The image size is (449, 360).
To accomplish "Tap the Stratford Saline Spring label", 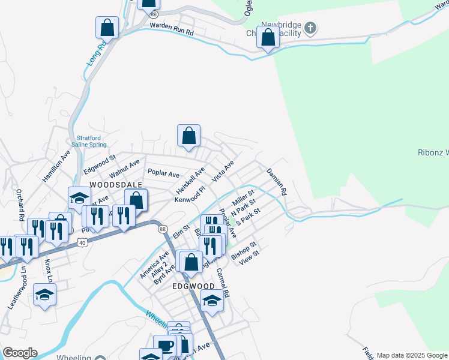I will pyautogui.click(x=92, y=141).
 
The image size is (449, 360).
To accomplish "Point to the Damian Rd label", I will pyautogui.click(x=277, y=182).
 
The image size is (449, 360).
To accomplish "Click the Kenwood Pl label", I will pyautogui.click(x=190, y=195).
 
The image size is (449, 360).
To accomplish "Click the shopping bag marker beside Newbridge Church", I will pyautogui.click(x=268, y=37).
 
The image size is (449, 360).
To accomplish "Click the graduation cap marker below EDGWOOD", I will pyautogui.click(x=212, y=302).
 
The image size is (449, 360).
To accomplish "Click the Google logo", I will pyautogui.click(x=20, y=353).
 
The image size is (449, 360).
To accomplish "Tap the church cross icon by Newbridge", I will pyautogui.click(x=310, y=28).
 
